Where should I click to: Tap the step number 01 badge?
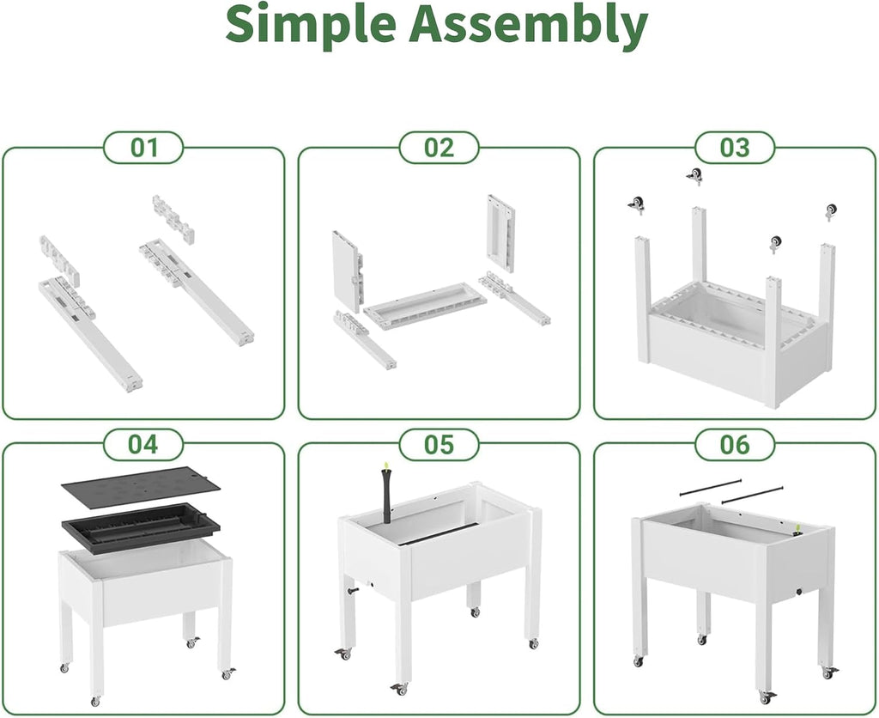(x=143, y=148)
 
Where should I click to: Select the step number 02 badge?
(x=439, y=148)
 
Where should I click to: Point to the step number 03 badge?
(x=735, y=148)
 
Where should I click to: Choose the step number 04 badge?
(x=143, y=444)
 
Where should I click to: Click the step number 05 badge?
(x=439, y=444)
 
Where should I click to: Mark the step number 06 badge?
(x=735, y=444)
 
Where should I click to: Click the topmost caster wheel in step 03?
(x=695, y=175)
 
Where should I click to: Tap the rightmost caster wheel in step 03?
(x=831, y=212)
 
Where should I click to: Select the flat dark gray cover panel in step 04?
(x=140, y=488)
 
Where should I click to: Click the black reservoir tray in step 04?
(x=141, y=528)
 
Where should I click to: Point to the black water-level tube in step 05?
(x=386, y=494)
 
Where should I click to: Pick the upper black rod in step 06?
(x=711, y=488)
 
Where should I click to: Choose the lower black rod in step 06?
(x=752, y=496)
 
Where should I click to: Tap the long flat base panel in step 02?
(x=425, y=307)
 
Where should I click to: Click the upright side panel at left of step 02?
(x=347, y=271)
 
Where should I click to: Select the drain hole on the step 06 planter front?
(x=797, y=591)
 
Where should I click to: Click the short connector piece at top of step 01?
(x=173, y=219)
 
